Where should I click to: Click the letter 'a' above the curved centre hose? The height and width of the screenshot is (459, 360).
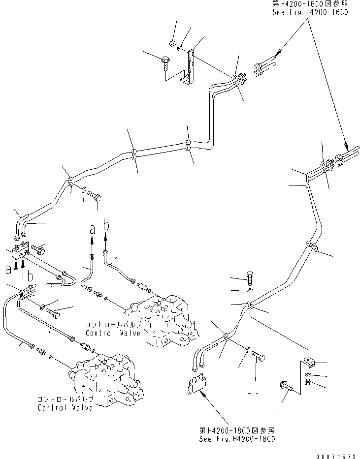click(x=92, y=229)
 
